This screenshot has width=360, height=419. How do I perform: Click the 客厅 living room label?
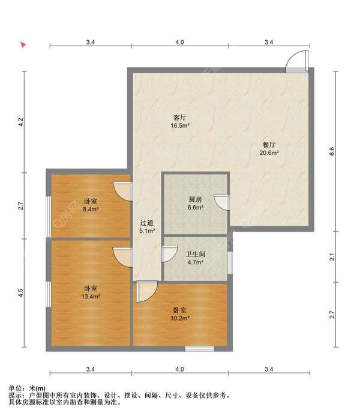(x=180, y=117)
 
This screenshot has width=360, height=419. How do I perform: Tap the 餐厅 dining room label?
(x=269, y=145)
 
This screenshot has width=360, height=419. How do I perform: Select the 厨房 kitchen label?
(x=195, y=199)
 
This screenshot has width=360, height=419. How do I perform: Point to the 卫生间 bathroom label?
(x=196, y=254)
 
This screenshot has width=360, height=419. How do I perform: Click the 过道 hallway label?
(x=146, y=223)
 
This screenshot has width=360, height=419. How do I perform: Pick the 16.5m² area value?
(x=180, y=125)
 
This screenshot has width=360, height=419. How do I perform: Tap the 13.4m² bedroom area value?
(x=91, y=297)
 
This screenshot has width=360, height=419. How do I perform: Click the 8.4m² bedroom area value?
(x=91, y=209)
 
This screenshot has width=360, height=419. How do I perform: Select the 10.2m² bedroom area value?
(x=180, y=318)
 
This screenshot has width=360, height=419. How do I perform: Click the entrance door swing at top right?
(x=297, y=61)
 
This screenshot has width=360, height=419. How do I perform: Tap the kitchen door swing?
(x=221, y=202)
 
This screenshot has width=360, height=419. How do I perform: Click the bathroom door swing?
(x=170, y=254)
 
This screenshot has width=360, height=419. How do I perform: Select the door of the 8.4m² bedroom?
(x=123, y=191)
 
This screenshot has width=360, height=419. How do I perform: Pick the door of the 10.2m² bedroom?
(x=146, y=292)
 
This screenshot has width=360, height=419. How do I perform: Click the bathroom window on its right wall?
(x=230, y=262)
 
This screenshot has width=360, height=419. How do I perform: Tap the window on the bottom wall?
(x=199, y=348)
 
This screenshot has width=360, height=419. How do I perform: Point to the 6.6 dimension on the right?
(x=332, y=151)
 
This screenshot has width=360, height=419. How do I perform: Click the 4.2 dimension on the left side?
(x=21, y=122)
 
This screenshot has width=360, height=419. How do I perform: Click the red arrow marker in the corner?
(x=23, y=44)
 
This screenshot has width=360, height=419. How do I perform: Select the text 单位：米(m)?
(x=27, y=388)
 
